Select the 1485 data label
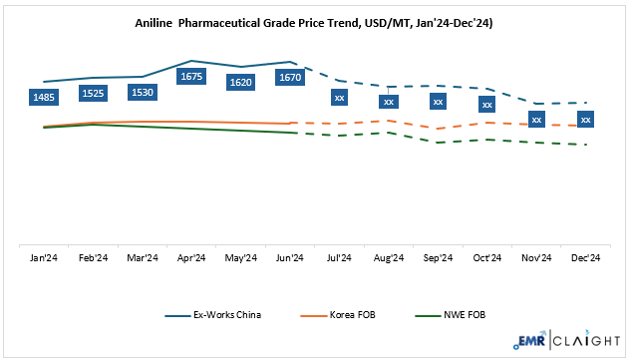(x=44, y=97)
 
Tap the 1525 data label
(x=93, y=93)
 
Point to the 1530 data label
(x=143, y=92)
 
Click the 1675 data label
(x=191, y=76)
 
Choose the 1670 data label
(x=290, y=77)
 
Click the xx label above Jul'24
(x=339, y=98)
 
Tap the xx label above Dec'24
(x=586, y=120)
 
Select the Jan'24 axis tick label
(x=44, y=258)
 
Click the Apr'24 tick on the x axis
(x=191, y=258)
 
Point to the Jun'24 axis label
(x=290, y=258)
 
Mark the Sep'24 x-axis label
(x=438, y=258)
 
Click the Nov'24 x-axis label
(x=536, y=258)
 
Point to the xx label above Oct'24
(x=487, y=104)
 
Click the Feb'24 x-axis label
(x=93, y=258)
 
